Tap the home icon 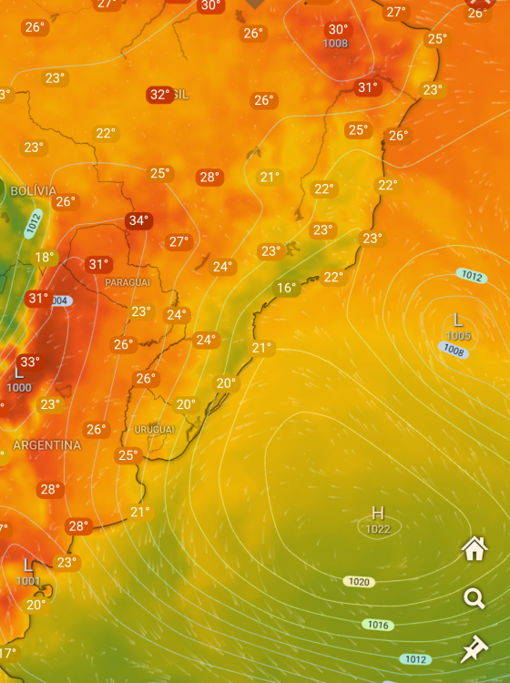pos(474,548)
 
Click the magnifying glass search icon pos(474,598)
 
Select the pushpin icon pos(474,648)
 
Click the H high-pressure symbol pos(378,514)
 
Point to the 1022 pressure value pos(378,529)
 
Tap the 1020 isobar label pos(360,581)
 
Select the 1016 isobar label pos(378,625)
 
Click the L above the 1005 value pos(458,321)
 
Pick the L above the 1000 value pos(18,372)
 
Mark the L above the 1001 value pos(27,566)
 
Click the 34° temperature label pos(139,220)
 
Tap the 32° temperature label pos(160,95)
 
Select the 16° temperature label pos(287,289)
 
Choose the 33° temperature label pos(30,362)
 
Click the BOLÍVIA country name pos(34,191)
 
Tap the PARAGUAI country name pos(127,282)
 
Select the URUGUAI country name pos(154,429)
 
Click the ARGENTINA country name pos(46,445)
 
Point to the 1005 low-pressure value pos(458,336)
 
